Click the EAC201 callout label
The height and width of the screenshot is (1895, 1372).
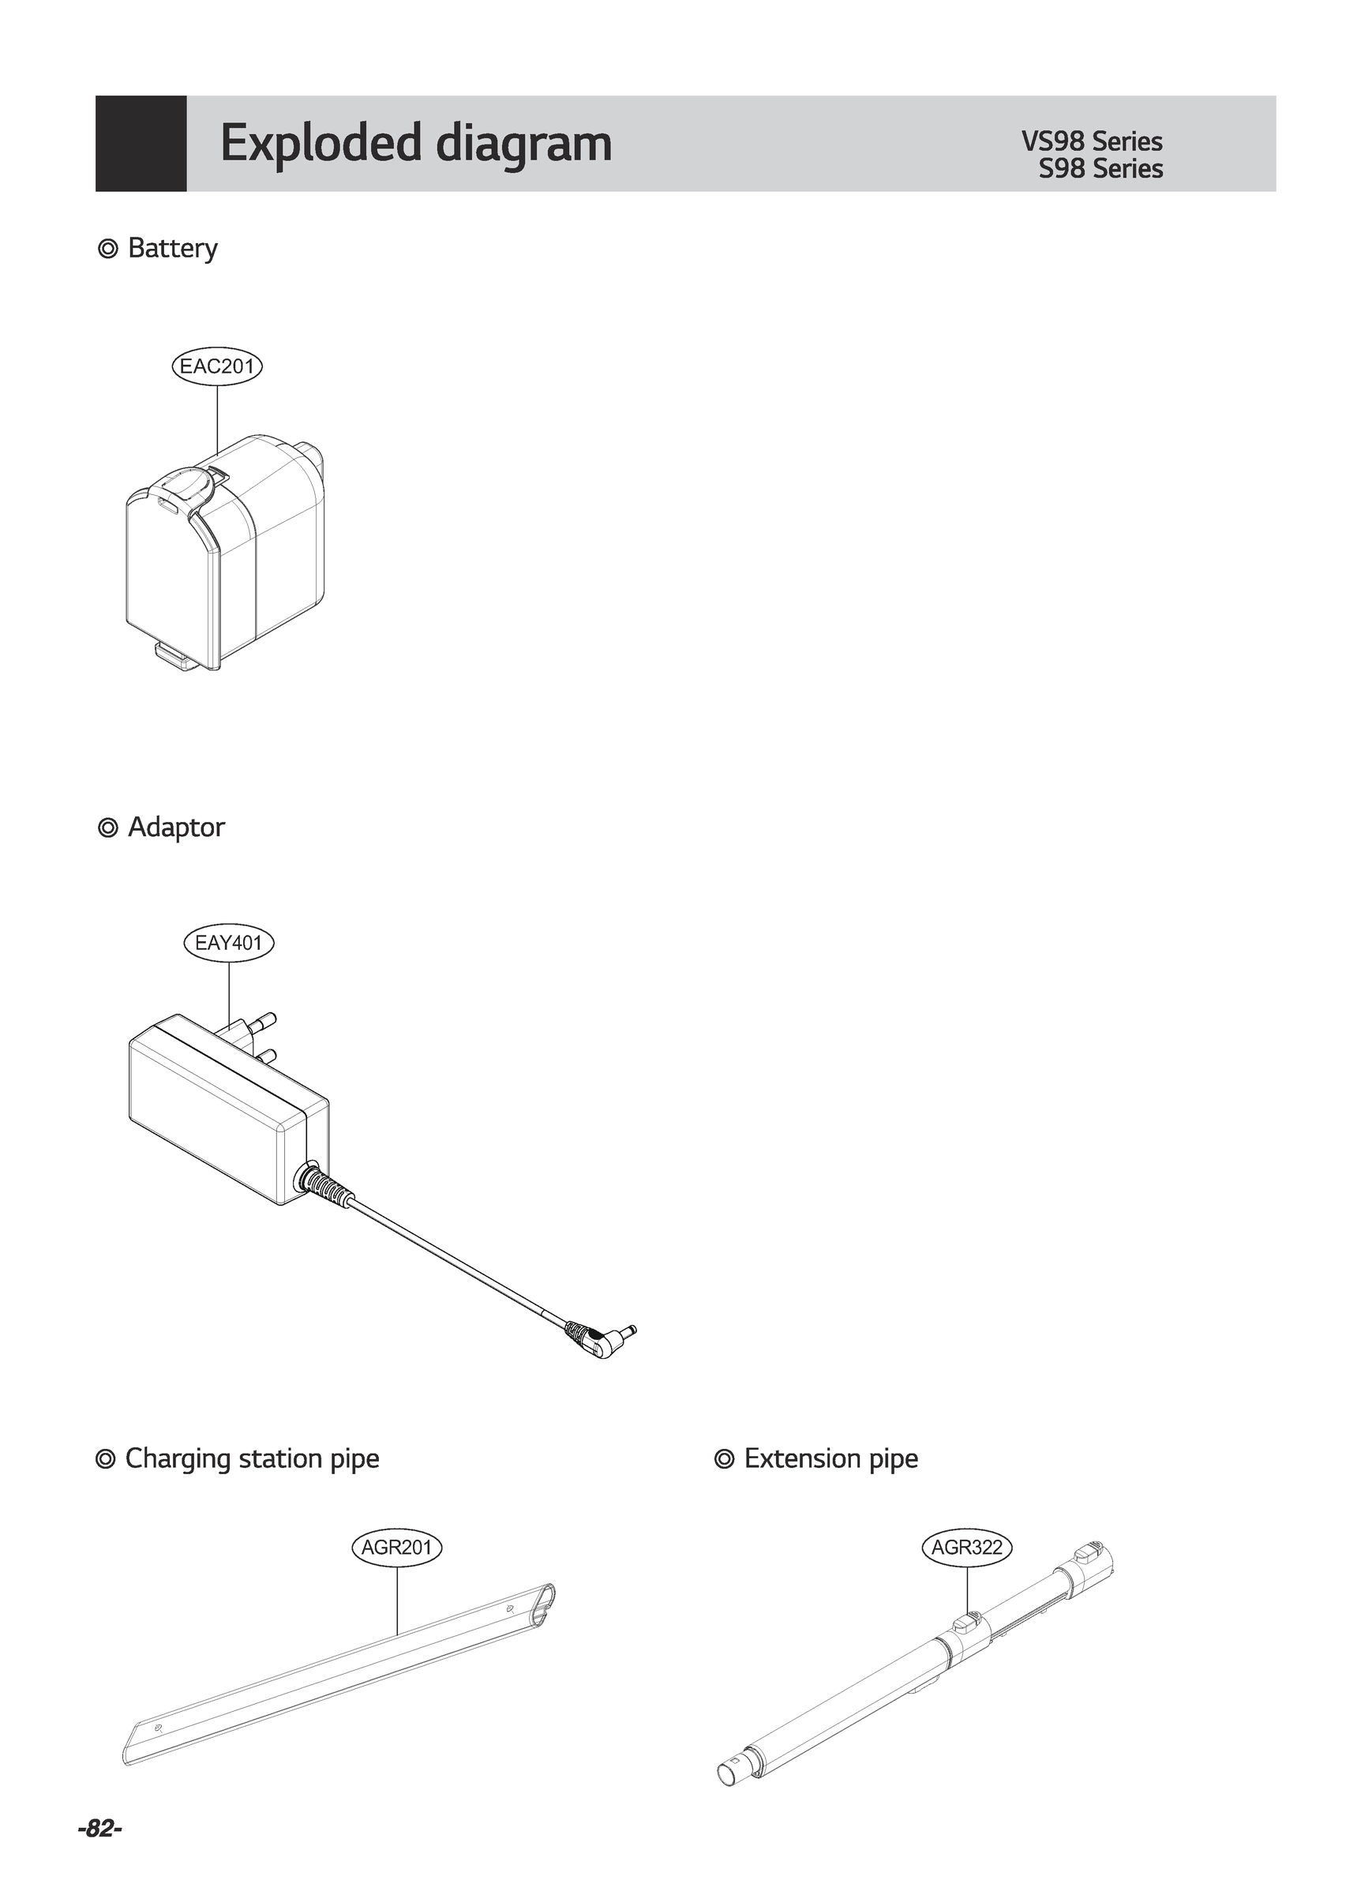coord(217,366)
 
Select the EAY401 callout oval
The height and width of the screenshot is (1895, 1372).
coord(228,944)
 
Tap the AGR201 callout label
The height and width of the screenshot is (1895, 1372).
coord(396,1548)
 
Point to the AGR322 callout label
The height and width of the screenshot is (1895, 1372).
coord(967,1548)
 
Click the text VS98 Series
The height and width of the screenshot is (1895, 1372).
coord(1091,141)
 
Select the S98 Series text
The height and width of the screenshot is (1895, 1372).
coord(1100,169)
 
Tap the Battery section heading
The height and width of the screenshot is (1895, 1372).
coord(171,248)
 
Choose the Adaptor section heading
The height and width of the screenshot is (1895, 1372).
coord(175,827)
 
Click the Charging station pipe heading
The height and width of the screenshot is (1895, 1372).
coord(251,1458)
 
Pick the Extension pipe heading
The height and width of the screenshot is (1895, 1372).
coord(830,1458)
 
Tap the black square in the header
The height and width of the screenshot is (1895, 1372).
coord(141,144)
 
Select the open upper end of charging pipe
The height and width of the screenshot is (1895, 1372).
coord(542,1598)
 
